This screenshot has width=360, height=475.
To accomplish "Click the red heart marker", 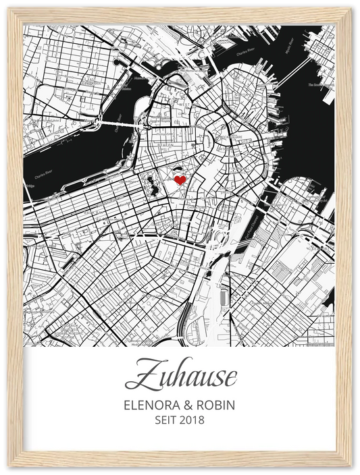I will (x=180, y=180).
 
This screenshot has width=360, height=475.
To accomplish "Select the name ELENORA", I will (x=149, y=406).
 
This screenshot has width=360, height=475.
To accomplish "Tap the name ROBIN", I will (x=217, y=406).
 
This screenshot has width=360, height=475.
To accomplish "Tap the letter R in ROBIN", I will (x=201, y=406).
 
